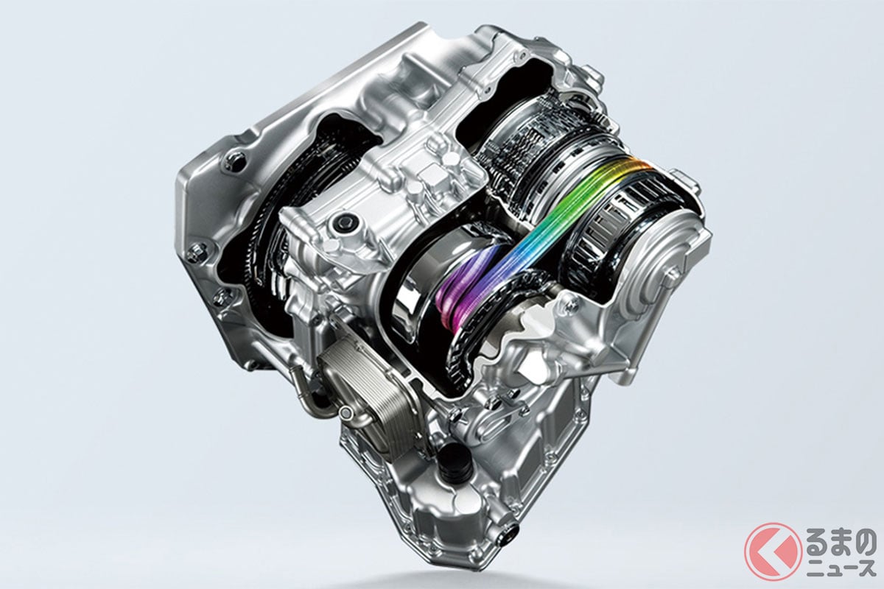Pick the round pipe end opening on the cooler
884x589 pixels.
pyautogui.click(x=346, y=412)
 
